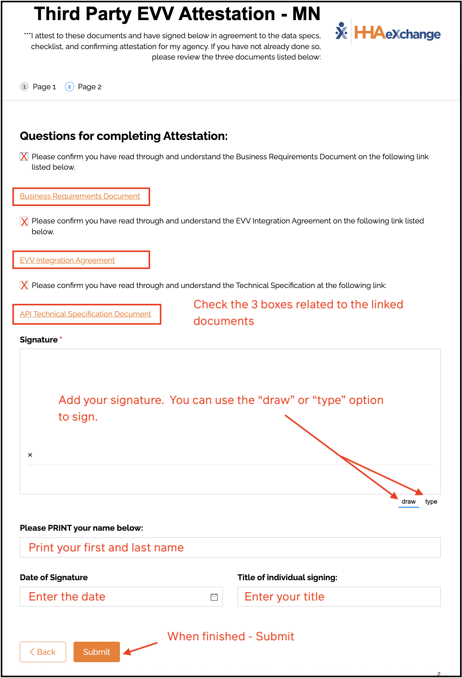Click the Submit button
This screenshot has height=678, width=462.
point(96,652)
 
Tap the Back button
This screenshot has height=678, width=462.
point(43,652)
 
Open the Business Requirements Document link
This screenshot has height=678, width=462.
point(80,196)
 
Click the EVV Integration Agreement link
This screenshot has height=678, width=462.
point(67,261)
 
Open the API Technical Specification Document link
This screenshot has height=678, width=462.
point(86,314)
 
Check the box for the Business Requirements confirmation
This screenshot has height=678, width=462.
point(24,157)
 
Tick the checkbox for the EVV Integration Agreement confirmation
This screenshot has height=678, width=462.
point(24,221)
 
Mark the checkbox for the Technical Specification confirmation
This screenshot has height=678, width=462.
point(24,285)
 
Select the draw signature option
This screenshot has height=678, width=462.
point(408,502)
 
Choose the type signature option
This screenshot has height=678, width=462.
point(431,502)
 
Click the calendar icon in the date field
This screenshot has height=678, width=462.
point(214,597)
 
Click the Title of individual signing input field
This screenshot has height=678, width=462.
point(339,597)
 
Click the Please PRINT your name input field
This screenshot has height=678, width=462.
point(230,547)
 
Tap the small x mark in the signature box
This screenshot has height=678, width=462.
point(30,455)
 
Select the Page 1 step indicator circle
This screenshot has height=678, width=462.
point(24,87)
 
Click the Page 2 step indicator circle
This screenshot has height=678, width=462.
point(69,87)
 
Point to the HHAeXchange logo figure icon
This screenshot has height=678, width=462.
point(341,31)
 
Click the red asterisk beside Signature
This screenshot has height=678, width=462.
point(61,338)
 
